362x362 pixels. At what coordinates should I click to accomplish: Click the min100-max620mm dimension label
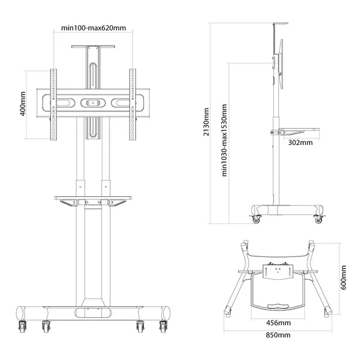(93, 28)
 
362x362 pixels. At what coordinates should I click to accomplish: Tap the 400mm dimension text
(23, 104)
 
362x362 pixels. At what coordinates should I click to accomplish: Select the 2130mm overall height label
(206, 123)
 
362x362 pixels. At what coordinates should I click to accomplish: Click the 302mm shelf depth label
(299, 142)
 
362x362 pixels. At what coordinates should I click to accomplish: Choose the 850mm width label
(278, 335)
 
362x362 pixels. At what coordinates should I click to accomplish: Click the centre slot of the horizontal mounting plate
(93, 102)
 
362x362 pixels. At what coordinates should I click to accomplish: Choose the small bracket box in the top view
(279, 272)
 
